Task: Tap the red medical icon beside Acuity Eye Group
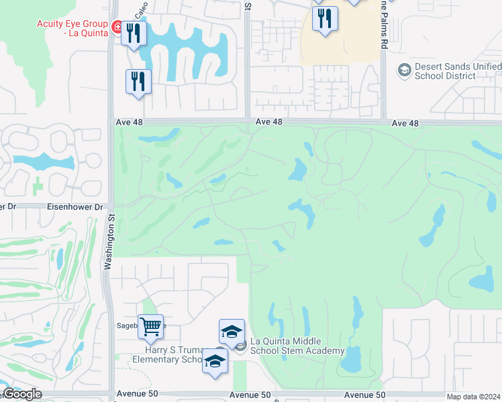tap(117, 27)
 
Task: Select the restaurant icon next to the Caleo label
tap(134, 33)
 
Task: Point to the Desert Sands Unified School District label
tap(458, 71)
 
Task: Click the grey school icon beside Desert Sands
tap(405, 69)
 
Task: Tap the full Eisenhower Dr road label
tap(75, 208)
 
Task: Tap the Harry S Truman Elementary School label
tap(173, 354)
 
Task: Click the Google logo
tap(21, 394)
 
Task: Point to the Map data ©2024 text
tap(473, 397)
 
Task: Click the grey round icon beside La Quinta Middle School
tap(241, 345)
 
